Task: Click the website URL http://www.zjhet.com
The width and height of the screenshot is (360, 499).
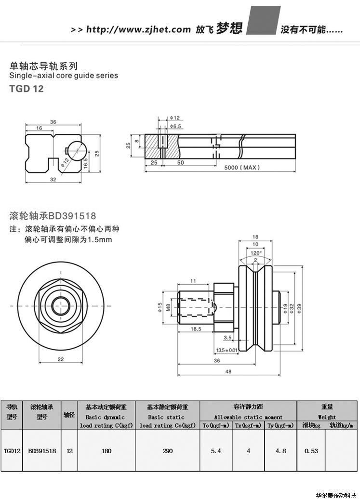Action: (x=138, y=29)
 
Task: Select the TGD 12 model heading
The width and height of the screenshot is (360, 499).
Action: (x=27, y=89)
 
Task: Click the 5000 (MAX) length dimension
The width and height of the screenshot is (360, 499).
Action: (x=242, y=168)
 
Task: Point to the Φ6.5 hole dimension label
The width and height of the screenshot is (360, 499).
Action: (x=175, y=126)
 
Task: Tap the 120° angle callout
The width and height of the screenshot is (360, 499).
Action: (x=255, y=252)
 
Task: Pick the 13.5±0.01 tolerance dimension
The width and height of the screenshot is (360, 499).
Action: (x=227, y=350)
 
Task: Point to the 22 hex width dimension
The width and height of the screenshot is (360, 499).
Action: (x=60, y=359)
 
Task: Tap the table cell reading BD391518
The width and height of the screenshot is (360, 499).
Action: (x=42, y=451)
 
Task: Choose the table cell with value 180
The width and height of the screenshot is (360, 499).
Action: (x=107, y=451)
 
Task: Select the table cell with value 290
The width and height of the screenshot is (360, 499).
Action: (x=167, y=451)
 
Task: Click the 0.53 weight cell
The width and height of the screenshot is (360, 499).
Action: (x=311, y=451)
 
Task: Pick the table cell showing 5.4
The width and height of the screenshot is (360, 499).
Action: (x=216, y=451)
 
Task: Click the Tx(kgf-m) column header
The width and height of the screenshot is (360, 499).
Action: (x=248, y=426)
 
